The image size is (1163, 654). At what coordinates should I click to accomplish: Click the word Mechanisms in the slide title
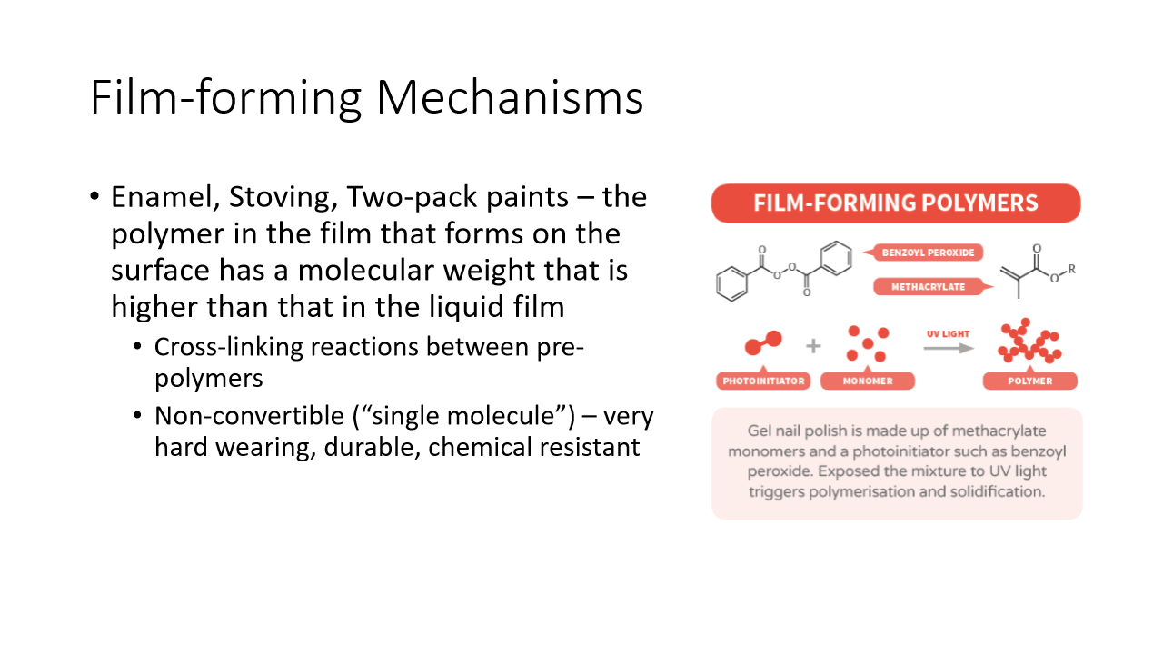[x=510, y=98]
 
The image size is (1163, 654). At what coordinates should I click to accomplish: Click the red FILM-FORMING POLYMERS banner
[x=896, y=203]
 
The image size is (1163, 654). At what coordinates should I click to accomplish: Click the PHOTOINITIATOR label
[x=764, y=381]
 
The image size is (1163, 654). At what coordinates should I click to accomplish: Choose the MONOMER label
[x=868, y=381]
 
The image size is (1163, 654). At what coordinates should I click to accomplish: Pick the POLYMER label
[x=1029, y=381]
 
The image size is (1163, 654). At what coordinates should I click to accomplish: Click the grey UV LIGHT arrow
[x=948, y=347]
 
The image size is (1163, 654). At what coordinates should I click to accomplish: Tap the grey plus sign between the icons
[x=813, y=346]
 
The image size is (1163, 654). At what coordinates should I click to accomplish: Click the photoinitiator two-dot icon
[x=763, y=343]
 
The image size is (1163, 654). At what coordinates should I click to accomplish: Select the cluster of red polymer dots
[x=1029, y=342]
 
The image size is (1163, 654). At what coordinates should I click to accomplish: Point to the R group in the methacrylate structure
[x=1072, y=269]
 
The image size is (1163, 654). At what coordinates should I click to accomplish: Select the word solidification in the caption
[x=999, y=491]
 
